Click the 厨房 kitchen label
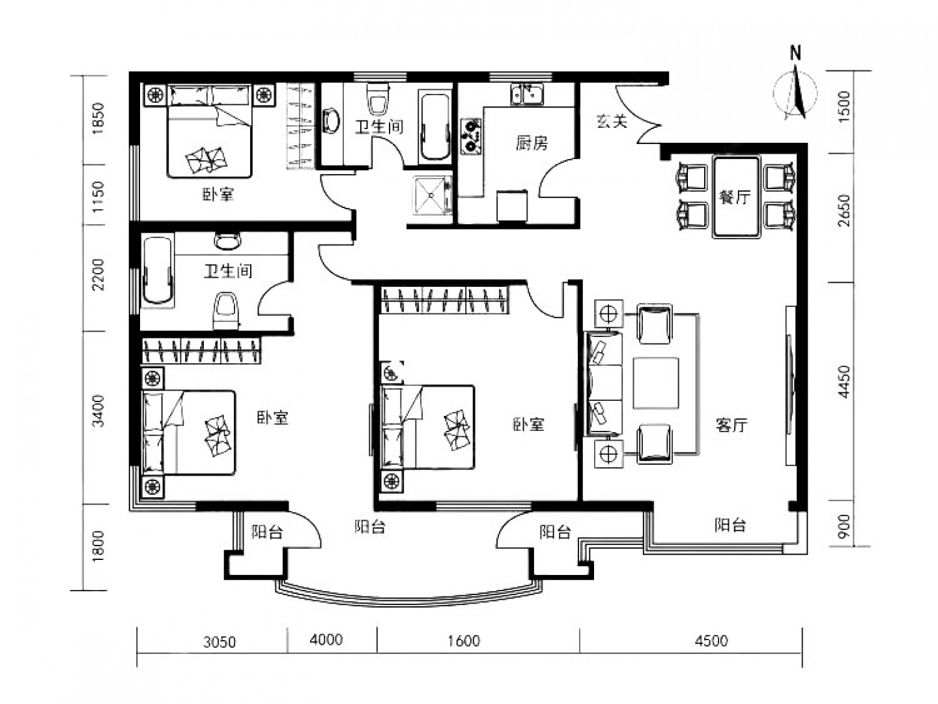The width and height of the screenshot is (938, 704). pos(531,143)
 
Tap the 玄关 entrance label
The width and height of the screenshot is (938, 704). pos(612,121)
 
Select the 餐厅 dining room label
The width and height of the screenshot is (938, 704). pos(735,197)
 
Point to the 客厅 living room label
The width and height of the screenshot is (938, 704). pos(731,425)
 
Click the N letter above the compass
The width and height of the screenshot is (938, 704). pos(795,53)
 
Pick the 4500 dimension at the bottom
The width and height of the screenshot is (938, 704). pos(711,641)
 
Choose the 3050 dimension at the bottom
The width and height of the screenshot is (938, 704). pos(220,642)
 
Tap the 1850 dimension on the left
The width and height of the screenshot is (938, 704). pos(98,119)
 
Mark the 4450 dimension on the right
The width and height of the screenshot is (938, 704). pos(844,382)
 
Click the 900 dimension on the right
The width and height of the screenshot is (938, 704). pos(844,527)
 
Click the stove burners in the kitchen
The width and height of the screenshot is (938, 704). pos(470,136)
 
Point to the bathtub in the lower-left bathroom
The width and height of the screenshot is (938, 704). pos(157,270)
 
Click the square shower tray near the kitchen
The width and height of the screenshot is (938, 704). pos(432,196)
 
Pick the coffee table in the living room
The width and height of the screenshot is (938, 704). pos(655,383)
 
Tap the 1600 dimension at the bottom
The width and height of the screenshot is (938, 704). pos(464,641)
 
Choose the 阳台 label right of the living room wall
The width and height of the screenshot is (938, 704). pos(730,525)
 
